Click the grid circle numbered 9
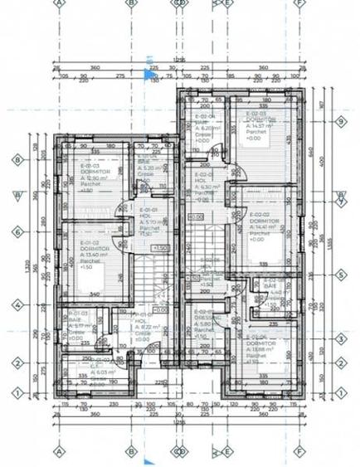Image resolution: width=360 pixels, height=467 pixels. [341, 122]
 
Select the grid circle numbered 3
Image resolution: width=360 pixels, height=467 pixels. [341, 338]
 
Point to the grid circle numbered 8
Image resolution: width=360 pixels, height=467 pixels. [17, 160]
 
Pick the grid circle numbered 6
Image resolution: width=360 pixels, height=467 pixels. [17, 233]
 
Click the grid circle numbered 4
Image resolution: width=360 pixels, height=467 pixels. [17, 304]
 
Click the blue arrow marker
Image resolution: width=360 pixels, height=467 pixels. [150, 77]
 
